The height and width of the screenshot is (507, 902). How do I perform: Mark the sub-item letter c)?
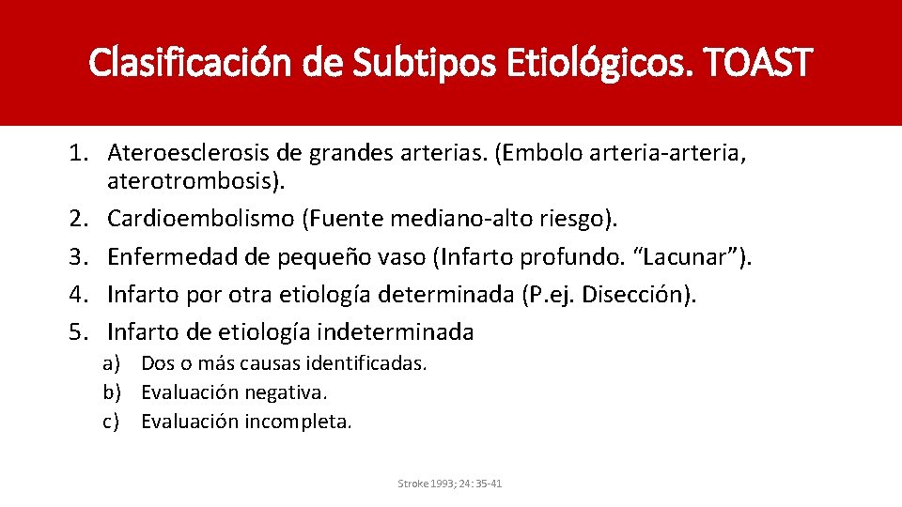point(112,422)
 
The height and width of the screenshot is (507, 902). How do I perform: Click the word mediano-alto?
point(474,219)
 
